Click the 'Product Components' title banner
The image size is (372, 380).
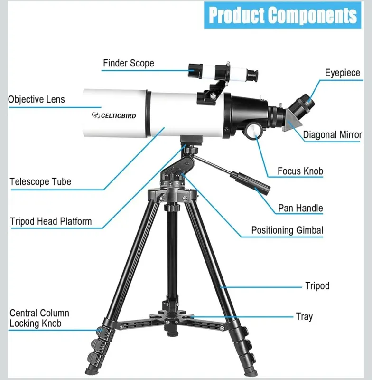[282, 15]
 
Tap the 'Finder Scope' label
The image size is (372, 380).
[129, 63]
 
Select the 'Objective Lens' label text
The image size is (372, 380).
[37, 99]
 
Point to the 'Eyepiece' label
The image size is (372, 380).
[343, 73]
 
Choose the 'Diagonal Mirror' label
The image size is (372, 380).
[332, 135]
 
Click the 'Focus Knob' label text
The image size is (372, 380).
[300, 171]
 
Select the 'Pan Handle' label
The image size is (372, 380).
[300, 208]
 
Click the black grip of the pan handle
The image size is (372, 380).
[250, 182]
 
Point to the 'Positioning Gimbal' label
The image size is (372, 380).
[287, 230]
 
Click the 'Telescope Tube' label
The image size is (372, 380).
[40, 182]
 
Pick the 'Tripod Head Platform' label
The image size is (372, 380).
[51, 221]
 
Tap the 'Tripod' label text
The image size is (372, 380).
[317, 286]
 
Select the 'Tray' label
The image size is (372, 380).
[304, 317]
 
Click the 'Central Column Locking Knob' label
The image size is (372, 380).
[39, 318]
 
